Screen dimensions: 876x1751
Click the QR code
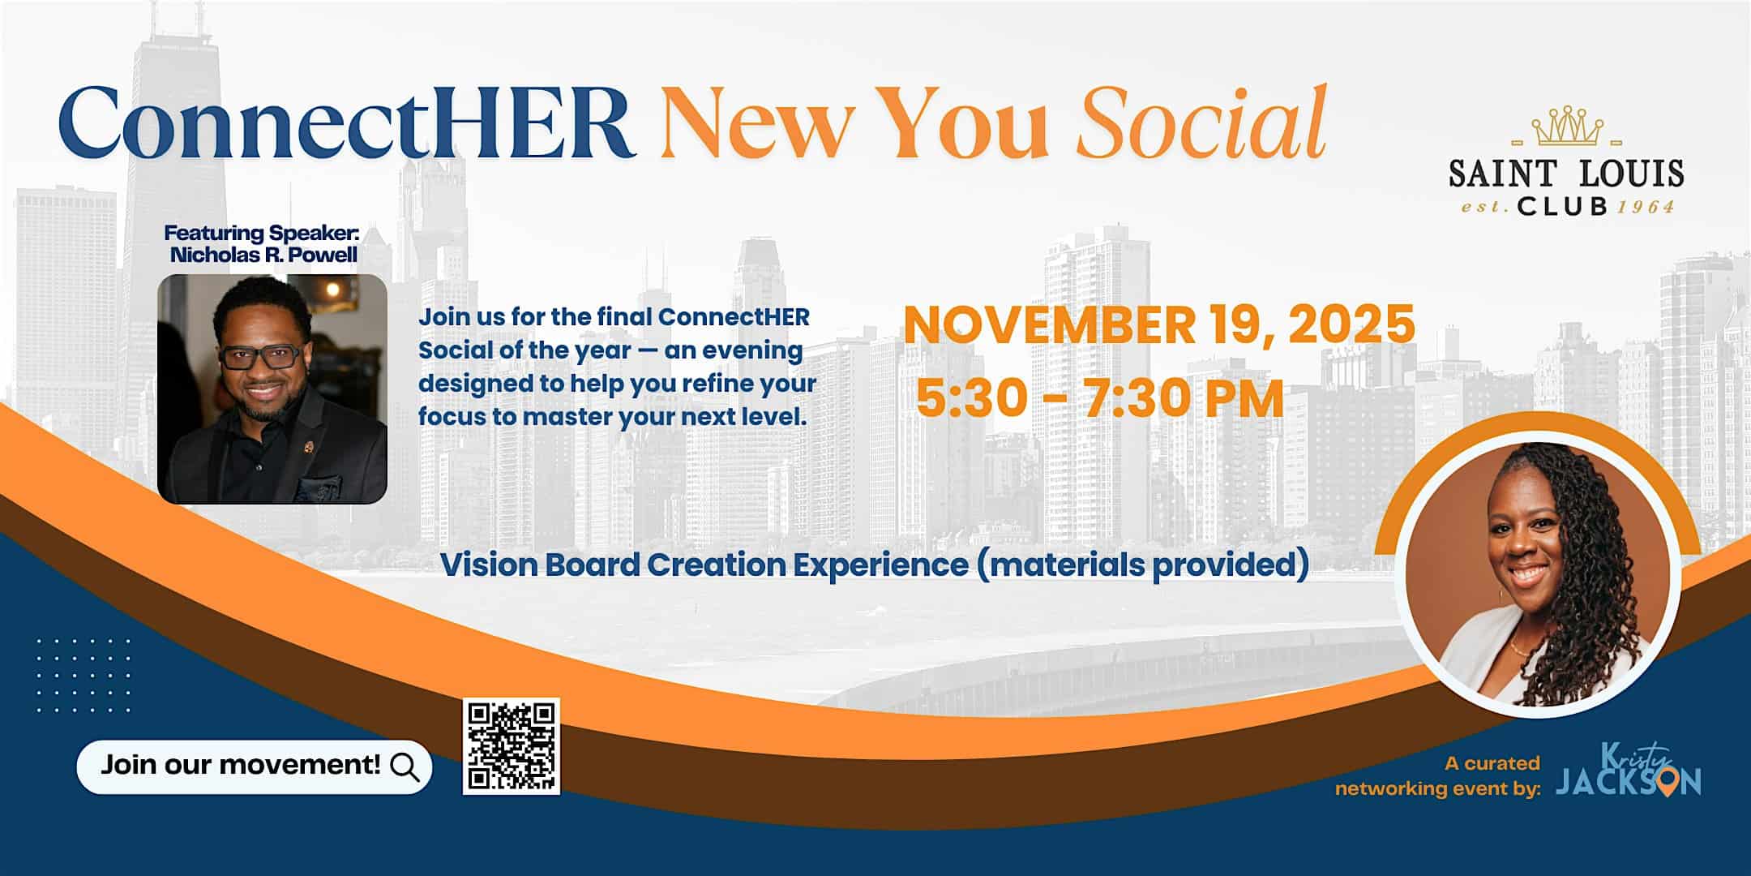point(511,746)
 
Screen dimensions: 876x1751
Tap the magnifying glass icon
point(405,766)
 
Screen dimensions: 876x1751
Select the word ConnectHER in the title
point(347,123)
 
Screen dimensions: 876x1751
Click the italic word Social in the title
point(1201,123)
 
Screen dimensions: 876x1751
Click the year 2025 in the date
point(1352,324)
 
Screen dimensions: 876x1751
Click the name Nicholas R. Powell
point(263,255)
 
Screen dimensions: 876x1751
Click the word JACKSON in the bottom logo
point(1628,782)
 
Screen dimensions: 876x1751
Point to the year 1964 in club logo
point(1646,208)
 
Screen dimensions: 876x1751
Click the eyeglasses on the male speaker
point(259,357)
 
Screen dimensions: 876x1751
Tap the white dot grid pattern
point(84,675)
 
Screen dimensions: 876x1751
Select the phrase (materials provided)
point(1143,565)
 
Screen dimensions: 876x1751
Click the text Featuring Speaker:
point(261,234)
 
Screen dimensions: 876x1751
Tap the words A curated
point(1492,763)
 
